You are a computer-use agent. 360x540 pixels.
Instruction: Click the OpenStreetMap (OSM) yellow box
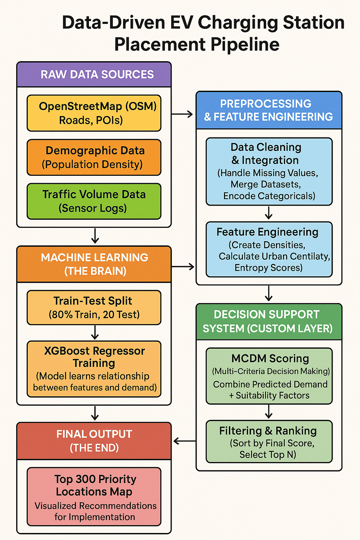[x=94, y=113]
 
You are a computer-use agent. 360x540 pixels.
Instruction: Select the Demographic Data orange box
[x=94, y=157]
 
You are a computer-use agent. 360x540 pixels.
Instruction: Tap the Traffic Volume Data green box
[x=94, y=201]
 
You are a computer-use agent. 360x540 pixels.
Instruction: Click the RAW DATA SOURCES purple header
[x=94, y=75]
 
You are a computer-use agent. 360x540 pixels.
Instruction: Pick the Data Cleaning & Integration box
[x=269, y=171]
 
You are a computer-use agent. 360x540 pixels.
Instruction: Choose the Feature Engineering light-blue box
[x=269, y=249]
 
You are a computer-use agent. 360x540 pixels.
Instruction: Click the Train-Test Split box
[x=94, y=307]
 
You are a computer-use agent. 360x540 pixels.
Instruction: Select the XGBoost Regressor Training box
[x=94, y=369]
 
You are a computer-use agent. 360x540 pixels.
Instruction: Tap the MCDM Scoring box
[x=269, y=376]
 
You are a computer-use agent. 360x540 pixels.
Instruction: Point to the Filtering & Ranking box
[x=269, y=442]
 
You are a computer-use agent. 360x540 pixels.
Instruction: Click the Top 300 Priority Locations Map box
[x=94, y=496]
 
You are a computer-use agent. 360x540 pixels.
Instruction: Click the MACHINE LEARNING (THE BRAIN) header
[x=94, y=264]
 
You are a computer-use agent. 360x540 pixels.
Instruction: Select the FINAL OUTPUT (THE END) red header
[x=94, y=441]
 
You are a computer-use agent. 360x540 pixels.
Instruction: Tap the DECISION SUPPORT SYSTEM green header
[x=269, y=321]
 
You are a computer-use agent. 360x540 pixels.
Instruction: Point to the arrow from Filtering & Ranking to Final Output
[x=184, y=441]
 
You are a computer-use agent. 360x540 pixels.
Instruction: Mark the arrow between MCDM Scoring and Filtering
[x=269, y=412]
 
